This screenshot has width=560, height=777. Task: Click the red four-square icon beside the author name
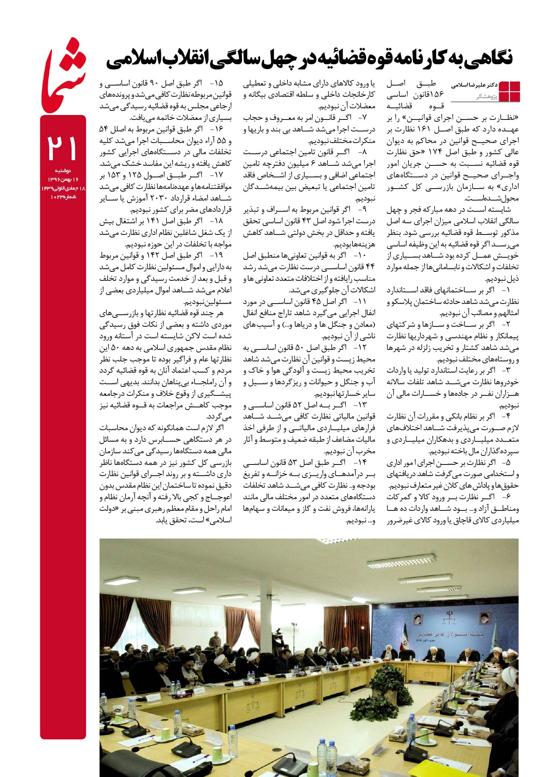[509, 91]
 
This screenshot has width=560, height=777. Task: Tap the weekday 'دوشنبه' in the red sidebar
[62, 171]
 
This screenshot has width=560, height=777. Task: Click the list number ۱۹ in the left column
[219, 255]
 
